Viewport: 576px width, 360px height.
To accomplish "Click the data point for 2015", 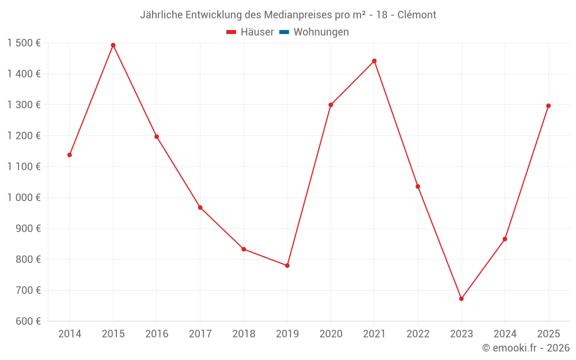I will pyautogui.click(x=113, y=45).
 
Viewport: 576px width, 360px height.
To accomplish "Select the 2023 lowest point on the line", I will pyautogui.click(x=461, y=298).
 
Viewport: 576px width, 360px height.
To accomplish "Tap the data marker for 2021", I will pyautogui.click(x=374, y=61).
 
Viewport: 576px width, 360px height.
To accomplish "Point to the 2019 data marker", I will pyautogui.click(x=287, y=266).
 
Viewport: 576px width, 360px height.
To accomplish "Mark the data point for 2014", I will pyautogui.click(x=70, y=155).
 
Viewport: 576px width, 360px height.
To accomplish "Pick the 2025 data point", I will pyautogui.click(x=548, y=106).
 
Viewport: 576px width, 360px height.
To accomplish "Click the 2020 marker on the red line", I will pyautogui.click(x=331, y=105).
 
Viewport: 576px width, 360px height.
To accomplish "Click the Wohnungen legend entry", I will pyautogui.click(x=321, y=32).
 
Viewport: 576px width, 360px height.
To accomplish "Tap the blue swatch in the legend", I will pyautogui.click(x=284, y=32).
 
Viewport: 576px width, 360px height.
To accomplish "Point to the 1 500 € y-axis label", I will pyautogui.click(x=24, y=43).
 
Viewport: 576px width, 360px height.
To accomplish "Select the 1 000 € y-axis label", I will pyautogui.click(x=24, y=198).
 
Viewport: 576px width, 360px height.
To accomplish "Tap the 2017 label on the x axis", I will pyautogui.click(x=200, y=334).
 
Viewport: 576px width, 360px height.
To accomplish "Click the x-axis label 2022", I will pyautogui.click(x=418, y=334).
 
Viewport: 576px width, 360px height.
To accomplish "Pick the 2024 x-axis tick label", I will pyautogui.click(x=505, y=334).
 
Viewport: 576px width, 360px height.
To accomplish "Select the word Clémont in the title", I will pyautogui.click(x=417, y=15).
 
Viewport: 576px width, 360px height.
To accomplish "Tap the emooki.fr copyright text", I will pyautogui.click(x=526, y=348).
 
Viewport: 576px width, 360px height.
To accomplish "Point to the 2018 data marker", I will pyautogui.click(x=244, y=249).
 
